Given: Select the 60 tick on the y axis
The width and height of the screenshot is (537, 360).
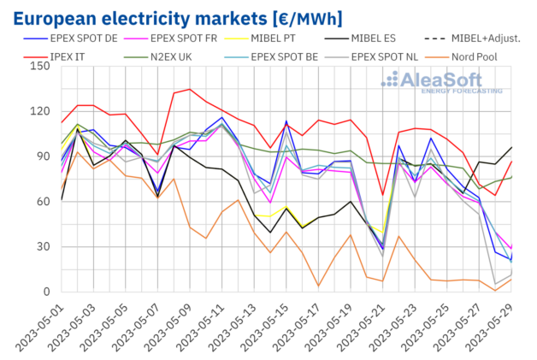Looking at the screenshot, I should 43,202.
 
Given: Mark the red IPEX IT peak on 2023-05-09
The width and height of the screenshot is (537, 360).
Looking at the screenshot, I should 191,89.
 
